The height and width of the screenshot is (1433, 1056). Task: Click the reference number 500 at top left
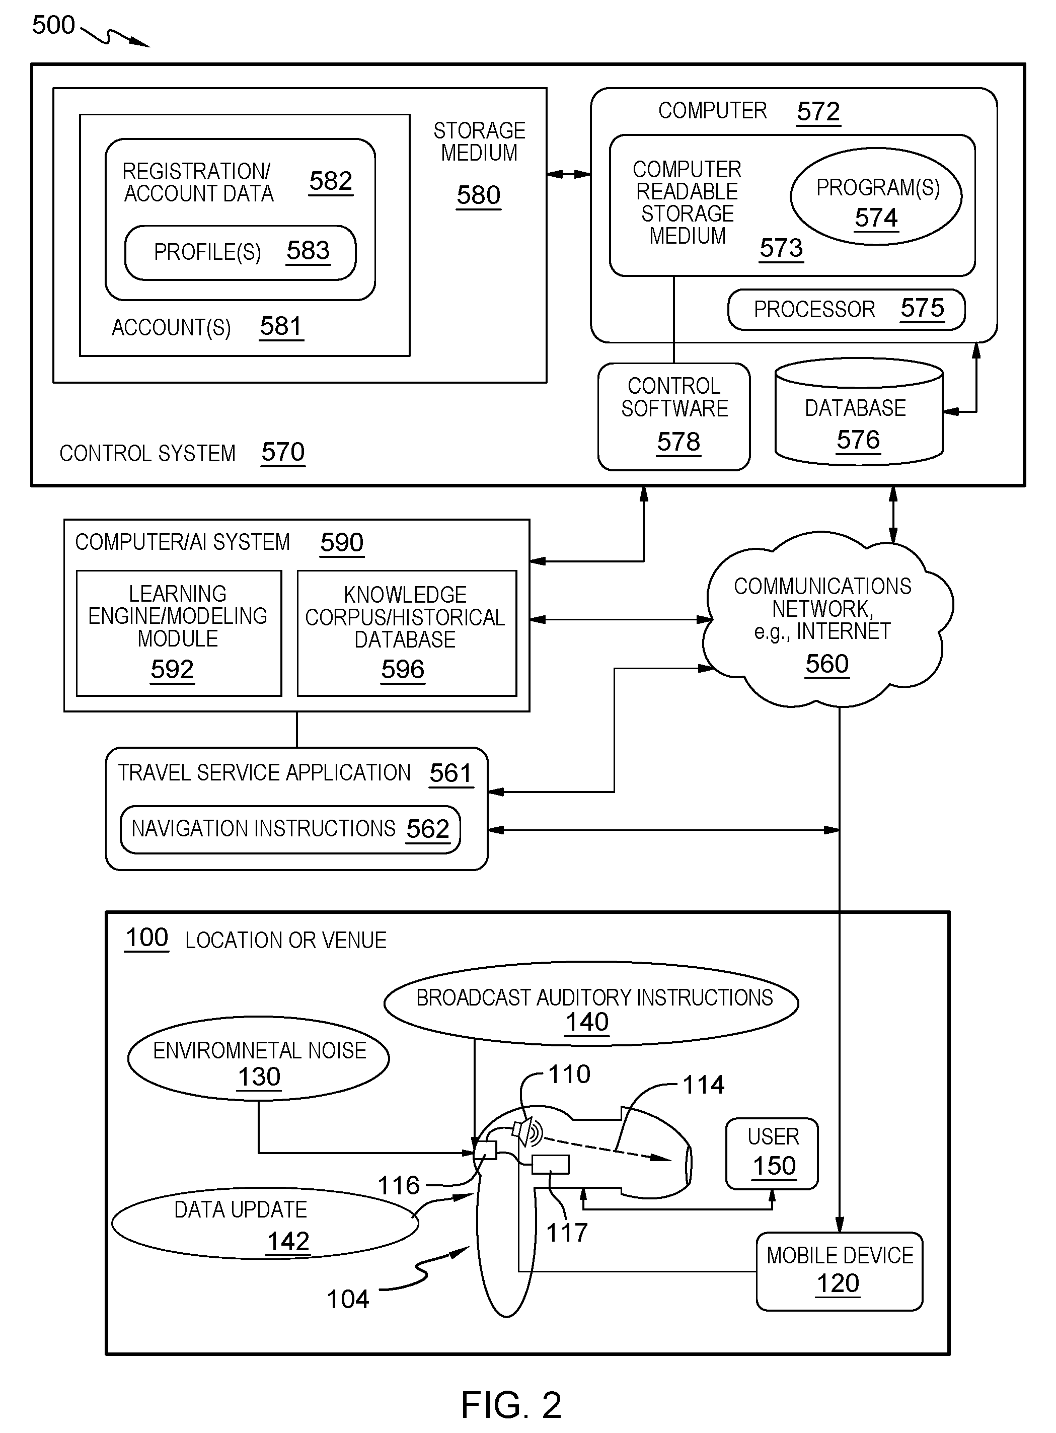pos(54,25)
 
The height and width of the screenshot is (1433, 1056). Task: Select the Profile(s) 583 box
pos(241,253)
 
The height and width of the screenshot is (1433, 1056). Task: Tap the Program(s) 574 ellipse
pos(876,196)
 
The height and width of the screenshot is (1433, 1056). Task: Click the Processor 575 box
pos(846,310)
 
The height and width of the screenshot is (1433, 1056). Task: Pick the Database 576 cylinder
pos(859,412)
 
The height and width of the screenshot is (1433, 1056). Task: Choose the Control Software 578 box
pos(674,417)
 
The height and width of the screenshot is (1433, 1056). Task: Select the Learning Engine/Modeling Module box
pos(179,633)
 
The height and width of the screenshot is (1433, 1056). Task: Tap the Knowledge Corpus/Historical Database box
pos(407,633)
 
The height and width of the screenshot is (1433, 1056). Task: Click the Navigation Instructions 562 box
pos(290,829)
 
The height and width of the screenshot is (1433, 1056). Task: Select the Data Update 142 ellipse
pos(265,1223)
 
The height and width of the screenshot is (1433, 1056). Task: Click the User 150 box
pos(772,1154)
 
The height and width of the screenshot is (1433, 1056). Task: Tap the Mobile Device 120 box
pos(839,1272)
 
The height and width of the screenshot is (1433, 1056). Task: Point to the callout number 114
pos(703,1085)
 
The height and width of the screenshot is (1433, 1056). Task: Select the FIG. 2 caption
pos(511,1404)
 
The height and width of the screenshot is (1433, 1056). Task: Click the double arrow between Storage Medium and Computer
pos(569,174)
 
